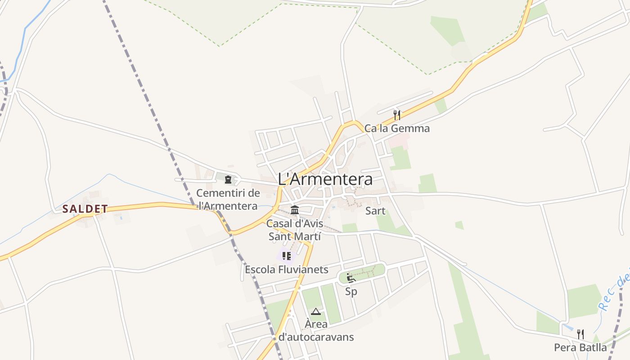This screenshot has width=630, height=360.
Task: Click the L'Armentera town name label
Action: point(325,179)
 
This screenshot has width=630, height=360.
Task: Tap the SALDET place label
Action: point(85,209)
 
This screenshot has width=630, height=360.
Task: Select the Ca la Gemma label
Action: point(397,128)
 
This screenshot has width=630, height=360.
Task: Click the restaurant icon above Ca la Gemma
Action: point(396,115)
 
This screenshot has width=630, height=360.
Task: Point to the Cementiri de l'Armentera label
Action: point(228,199)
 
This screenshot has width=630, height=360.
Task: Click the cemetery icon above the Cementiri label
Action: point(228,180)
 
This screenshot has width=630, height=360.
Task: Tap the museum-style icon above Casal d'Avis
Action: point(295,210)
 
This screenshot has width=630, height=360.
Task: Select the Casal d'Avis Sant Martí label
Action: point(295,229)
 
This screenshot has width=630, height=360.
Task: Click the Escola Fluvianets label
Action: point(287,270)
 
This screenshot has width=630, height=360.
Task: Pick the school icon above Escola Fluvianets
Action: point(286,256)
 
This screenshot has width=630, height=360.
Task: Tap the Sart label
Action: point(375,211)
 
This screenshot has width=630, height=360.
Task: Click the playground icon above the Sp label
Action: point(351,278)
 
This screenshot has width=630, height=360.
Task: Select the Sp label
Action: point(351,292)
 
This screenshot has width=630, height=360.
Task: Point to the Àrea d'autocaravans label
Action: point(316,330)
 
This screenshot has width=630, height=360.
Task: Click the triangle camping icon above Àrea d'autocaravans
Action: point(316,311)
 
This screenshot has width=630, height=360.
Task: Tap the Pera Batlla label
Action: point(580,347)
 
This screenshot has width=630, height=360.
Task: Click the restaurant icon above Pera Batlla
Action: point(580,334)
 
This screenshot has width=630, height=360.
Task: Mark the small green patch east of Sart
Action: point(459,225)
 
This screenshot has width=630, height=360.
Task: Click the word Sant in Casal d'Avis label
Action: point(281,236)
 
